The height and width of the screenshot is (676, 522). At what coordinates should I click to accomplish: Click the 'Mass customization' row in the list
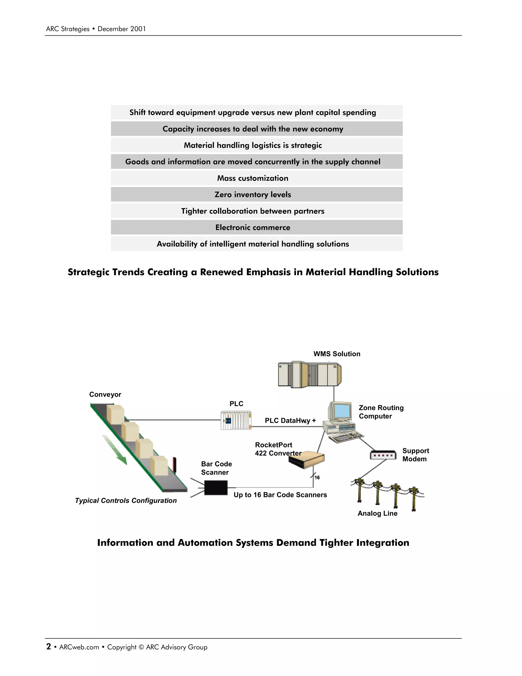(253, 178)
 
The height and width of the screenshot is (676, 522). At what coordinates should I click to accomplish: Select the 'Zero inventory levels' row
(253, 195)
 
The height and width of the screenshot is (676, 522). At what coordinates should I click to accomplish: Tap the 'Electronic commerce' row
(253, 228)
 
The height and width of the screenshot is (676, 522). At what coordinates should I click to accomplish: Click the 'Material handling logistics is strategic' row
(253, 145)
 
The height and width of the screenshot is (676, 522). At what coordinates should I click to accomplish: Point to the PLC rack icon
(236, 420)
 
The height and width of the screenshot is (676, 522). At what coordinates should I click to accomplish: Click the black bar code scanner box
(216, 488)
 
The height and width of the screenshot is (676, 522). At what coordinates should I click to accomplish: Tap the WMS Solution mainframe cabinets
(309, 374)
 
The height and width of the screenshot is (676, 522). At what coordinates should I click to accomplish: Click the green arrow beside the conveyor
(115, 449)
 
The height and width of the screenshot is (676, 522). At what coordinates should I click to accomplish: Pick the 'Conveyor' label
(105, 395)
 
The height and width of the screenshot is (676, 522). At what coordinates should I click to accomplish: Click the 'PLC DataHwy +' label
(290, 421)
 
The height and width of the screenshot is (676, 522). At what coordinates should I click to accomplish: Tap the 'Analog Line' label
(377, 514)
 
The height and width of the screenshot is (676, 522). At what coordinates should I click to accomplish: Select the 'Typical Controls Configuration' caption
(126, 501)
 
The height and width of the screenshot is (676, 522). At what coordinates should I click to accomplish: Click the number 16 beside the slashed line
(317, 478)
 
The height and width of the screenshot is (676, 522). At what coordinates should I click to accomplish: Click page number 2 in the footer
(48, 647)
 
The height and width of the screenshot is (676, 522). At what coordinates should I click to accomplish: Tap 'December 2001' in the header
(122, 29)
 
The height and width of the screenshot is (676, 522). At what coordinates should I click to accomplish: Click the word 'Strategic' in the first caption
(88, 272)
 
